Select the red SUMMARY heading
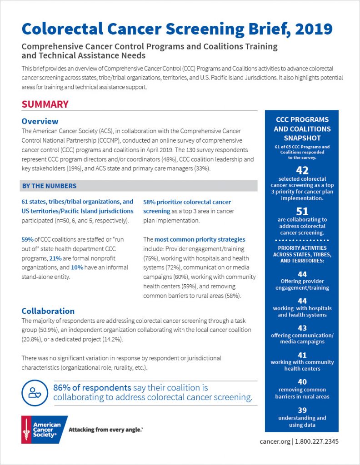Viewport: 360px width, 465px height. (x=45, y=104)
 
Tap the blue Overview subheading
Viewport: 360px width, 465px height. (x=40, y=121)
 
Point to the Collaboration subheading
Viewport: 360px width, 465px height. (x=48, y=311)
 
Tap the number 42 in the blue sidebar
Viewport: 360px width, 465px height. (x=302, y=170)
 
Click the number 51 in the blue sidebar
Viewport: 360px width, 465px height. (x=302, y=211)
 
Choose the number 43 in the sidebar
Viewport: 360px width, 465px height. (x=302, y=328)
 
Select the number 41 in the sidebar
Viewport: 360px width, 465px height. (x=302, y=355)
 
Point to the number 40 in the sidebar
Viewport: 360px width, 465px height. (x=302, y=382)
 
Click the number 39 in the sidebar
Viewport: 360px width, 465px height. (x=302, y=410)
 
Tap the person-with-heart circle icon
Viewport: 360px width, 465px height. (x=35, y=392)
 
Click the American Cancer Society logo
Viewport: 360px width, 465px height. (x=44, y=429)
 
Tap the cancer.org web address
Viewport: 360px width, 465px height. (x=275, y=441)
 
